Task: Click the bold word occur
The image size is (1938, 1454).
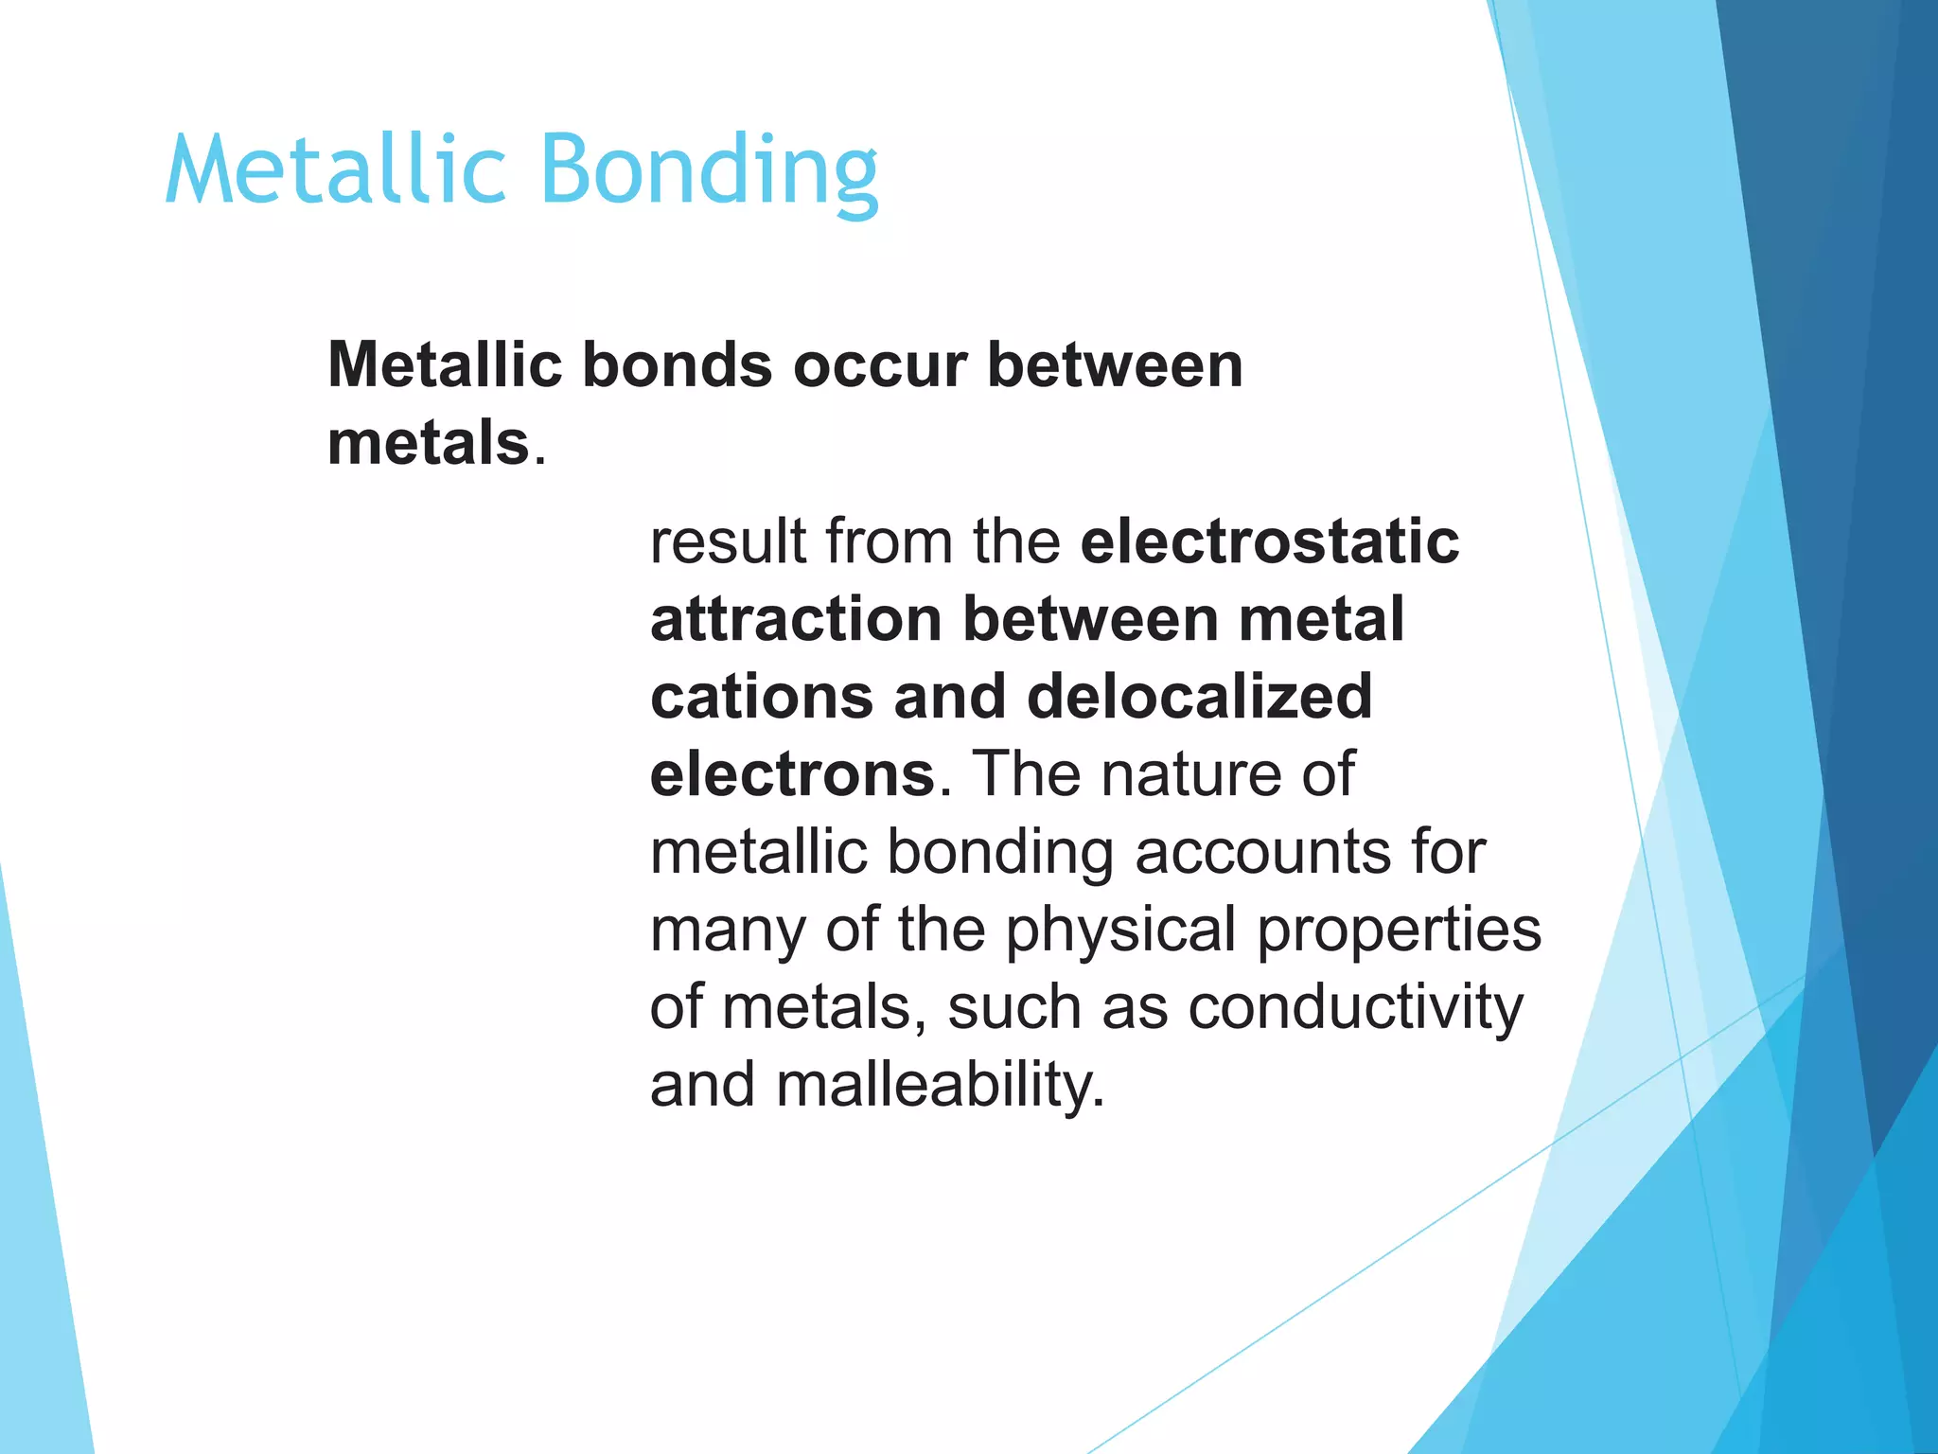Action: (x=880, y=365)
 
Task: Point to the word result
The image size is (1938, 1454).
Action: (x=729, y=541)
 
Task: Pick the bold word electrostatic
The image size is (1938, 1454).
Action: (x=1270, y=541)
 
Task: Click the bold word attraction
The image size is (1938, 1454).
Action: (x=796, y=619)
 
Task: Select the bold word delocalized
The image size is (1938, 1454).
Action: (x=1199, y=697)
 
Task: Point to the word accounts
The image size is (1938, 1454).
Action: (x=1264, y=852)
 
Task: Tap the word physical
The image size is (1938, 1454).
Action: (x=1120, y=930)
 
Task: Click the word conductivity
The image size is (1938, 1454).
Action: (x=1355, y=1007)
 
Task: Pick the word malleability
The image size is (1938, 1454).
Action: (x=941, y=1085)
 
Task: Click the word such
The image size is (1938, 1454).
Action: (x=1013, y=1007)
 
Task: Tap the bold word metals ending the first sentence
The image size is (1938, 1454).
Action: (x=428, y=443)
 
